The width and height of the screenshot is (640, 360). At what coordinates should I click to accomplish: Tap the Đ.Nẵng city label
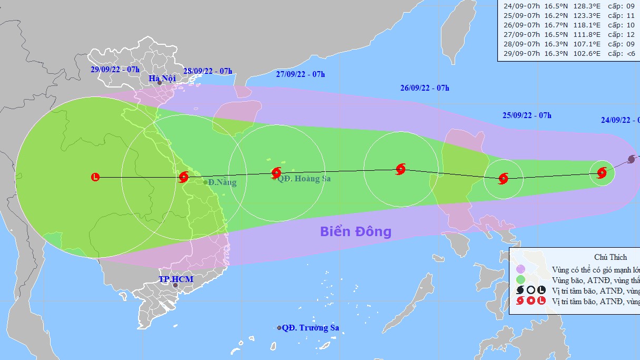tap(222, 182)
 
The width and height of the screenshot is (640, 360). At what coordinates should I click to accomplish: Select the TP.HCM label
tap(176, 279)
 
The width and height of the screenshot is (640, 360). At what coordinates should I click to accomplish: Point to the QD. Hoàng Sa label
tap(304, 179)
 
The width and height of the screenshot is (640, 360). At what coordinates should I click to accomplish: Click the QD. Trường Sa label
tap(310, 328)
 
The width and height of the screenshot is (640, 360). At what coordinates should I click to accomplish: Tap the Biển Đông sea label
tap(356, 231)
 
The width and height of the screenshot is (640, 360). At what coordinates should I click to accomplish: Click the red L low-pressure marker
tap(95, 177)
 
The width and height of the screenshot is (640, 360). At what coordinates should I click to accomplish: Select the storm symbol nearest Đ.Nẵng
tap(183, 177)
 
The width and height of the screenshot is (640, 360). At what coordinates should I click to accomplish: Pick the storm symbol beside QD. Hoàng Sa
tap(276, 172)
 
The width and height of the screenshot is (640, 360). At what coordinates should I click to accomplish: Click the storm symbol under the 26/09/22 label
tap(400, 169)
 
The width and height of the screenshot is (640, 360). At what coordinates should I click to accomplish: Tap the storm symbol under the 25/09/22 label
tap(503, 178)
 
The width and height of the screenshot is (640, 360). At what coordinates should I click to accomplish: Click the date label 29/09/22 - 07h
tap(115, 70)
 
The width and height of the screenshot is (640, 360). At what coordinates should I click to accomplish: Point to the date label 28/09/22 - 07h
tap(208, 71)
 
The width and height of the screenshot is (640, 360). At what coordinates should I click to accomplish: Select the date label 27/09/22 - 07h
tap(300, 74)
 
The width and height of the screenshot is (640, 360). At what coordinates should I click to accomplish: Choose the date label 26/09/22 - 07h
tap(425, 88)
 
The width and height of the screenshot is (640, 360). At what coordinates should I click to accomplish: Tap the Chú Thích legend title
tap(611, 257)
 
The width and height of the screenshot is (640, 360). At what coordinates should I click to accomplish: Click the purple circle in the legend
tap(520, 269)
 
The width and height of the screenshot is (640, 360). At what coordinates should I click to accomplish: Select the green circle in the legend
tap(520, 280)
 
